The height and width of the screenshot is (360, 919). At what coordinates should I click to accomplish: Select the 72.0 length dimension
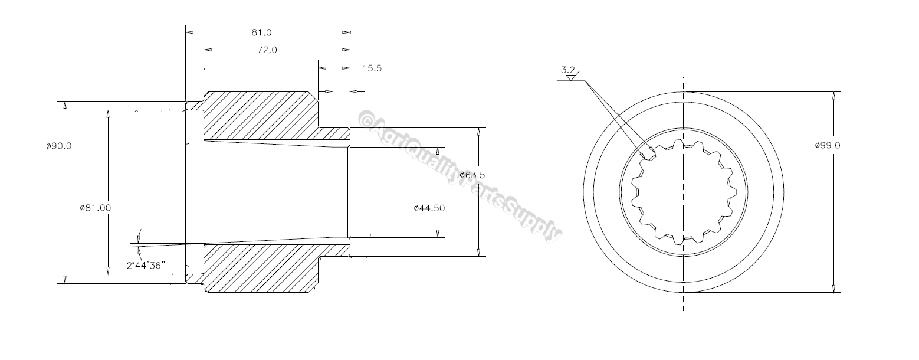coord(267,50)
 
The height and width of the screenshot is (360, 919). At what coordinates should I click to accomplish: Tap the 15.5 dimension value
coord(372,68)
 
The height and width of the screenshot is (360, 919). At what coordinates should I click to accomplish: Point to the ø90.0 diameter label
coord(59,146)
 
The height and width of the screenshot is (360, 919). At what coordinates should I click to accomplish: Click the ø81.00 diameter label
coord(95,208)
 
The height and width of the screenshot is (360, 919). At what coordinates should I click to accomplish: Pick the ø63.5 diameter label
coord(472,175)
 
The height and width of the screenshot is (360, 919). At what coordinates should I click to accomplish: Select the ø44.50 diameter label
coord(429,208)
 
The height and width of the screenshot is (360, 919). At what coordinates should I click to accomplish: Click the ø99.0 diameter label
coord(827,145)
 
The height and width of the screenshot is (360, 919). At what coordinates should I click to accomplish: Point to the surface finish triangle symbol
coord(570,77)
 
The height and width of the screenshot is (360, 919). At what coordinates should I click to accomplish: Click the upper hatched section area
coord(260,115)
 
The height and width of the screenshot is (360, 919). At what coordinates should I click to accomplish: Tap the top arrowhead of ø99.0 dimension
coord(833,96)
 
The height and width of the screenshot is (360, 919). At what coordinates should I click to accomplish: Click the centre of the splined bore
coord(684,192)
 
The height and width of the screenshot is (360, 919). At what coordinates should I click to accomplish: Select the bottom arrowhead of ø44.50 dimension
coord(438,234)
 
